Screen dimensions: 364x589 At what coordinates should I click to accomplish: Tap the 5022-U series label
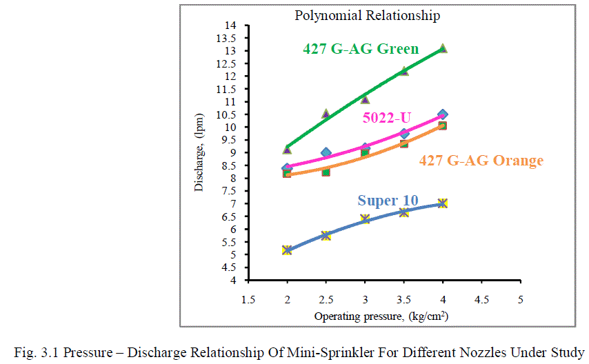pos(386,118)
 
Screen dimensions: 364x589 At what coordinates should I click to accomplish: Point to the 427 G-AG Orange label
pos(481,161)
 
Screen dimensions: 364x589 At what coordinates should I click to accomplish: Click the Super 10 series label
pos(387,201)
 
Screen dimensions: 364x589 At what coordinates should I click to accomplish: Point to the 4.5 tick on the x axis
pos(481,300)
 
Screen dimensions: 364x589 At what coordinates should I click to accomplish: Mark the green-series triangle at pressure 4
pos(443,48)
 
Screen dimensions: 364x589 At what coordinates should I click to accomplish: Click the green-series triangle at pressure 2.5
pos(326,114)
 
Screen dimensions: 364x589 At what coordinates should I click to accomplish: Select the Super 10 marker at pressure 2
pos(287,250)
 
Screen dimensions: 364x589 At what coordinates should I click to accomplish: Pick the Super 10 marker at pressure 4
pos(443,203)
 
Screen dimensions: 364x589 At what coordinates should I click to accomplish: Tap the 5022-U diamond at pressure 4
pos(443,114)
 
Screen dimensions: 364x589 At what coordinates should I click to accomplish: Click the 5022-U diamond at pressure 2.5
pos(326,152)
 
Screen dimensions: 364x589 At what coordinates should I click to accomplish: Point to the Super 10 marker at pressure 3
pos(365,219)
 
